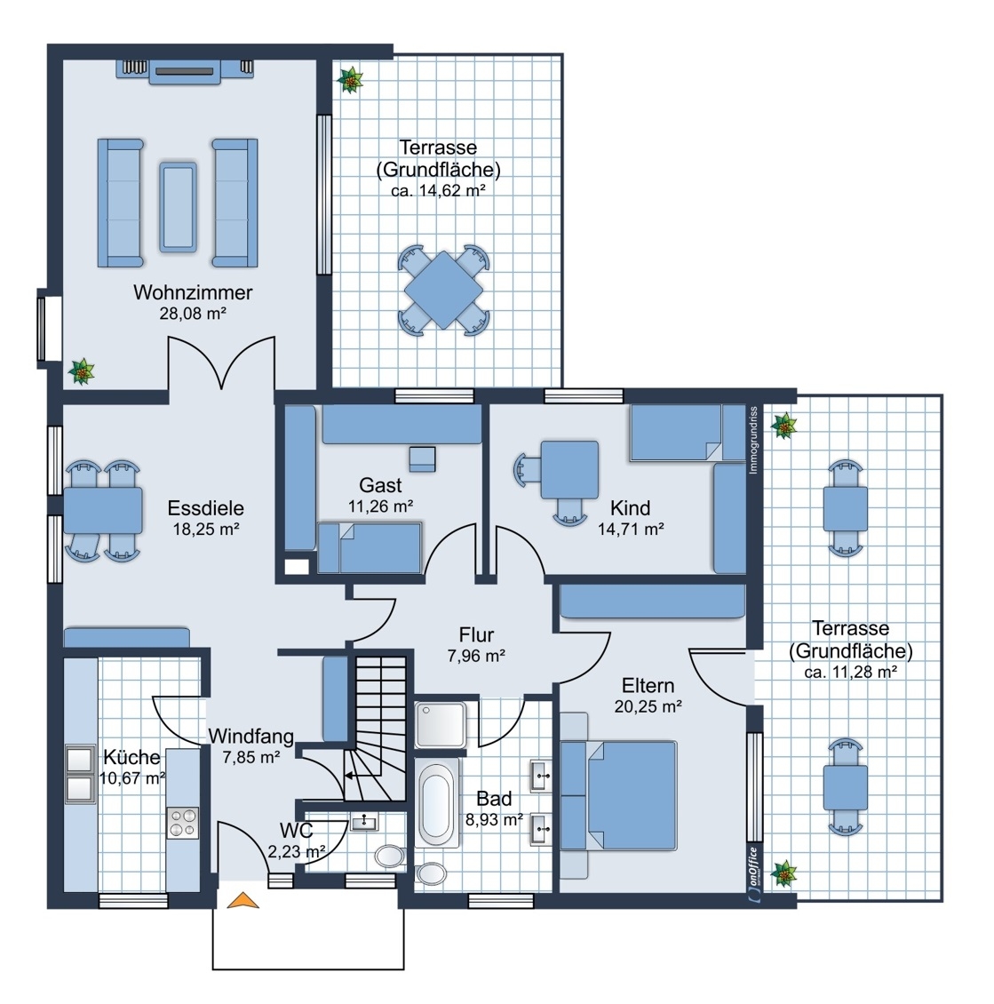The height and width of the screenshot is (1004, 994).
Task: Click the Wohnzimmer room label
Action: pyautogui.click(x=193, y=292)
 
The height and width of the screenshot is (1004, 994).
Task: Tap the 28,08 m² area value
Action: pyautogui.click(x=193, y=314)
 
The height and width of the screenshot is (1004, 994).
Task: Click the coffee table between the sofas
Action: pyautogui.click(x=178, y=206)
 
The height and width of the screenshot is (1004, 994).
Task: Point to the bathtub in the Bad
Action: pyautogui.click(x=436, y=803)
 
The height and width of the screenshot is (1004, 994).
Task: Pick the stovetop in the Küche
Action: pyautogui.click(x=182, y=823)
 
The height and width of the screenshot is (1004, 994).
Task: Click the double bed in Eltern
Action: pyautogui.click(x=618, y=796)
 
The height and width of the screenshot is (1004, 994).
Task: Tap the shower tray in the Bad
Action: pyautogui.click(x=441, y=723)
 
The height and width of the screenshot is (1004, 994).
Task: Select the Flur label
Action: pyautogui.click(x=476, y=634)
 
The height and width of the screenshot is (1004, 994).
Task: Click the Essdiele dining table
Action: pyautogui.click(x=103, y=510)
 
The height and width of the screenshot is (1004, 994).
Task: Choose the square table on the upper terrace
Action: pyautogui.click(x=443, y=290)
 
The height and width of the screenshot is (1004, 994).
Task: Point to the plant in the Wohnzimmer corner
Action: pyautogui.click(x=82, y=371)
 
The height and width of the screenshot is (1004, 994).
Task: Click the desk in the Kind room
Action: pyautogui.click(x=569, y=469)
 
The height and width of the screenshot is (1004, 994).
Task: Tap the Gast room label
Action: pyautogui.click(x=380, y=485)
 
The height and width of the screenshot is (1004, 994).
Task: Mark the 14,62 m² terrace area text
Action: pyautogui.click(x=438, y=190)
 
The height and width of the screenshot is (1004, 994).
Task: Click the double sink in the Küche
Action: pyautogui.click(x=80, y=774)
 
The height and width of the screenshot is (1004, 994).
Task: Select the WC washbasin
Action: pyautogui.click(x=365, y=821)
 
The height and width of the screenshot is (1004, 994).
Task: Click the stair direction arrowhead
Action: pyautogui.click(x=349, y=776)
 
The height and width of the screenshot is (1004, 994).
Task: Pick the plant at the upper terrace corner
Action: pyautogui.click(x=350, y=80)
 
